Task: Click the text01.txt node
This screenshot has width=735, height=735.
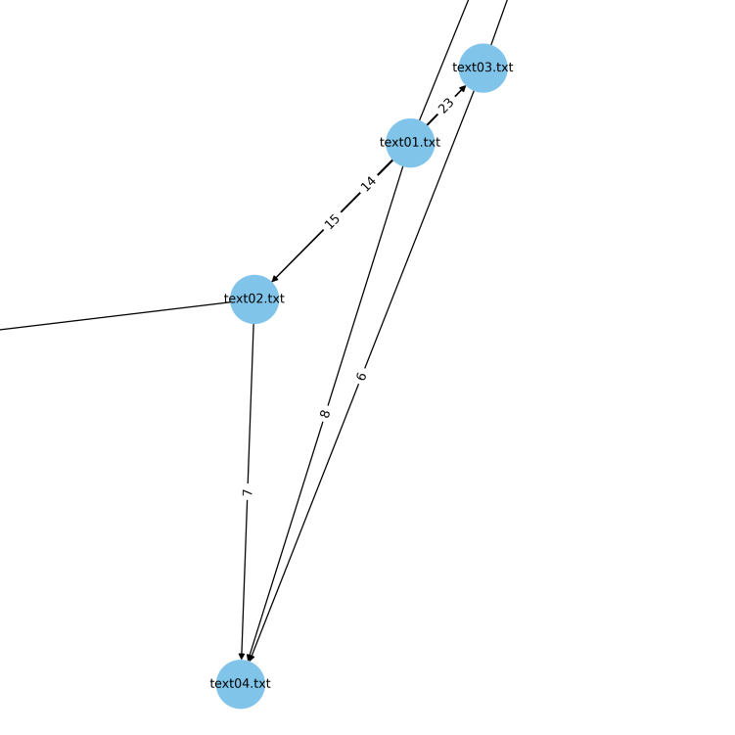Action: [410, 143]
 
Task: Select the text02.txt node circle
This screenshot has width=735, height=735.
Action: [254, 299]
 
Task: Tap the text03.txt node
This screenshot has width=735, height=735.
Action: [482, 68]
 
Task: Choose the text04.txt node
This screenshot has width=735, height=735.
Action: [241, 683]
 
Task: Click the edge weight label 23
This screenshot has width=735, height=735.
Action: [446, 106]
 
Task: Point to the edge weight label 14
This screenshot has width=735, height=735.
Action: [368, 183]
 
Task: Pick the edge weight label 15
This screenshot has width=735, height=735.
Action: [333, 221]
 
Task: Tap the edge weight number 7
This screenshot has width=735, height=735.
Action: [248, 492]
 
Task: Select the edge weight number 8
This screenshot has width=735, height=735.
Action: [325, 414]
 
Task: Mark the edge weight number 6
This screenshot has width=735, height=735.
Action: [361, 376]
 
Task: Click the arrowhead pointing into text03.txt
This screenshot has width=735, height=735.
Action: [462, 89]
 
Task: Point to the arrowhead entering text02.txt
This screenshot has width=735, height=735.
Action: [275, 279]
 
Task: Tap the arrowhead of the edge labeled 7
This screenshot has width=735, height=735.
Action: [242, 655]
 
